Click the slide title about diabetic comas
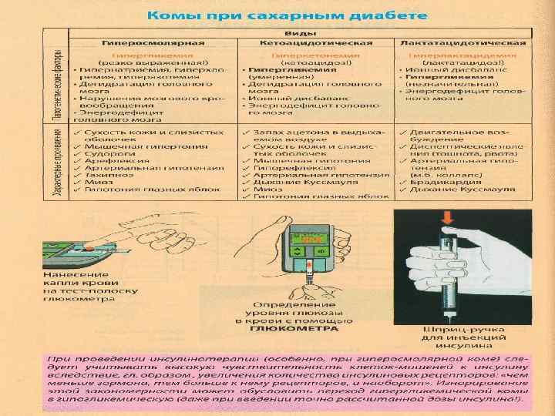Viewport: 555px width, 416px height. [x=286, y=15]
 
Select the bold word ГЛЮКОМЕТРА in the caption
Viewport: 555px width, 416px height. [x=294, y=328]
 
